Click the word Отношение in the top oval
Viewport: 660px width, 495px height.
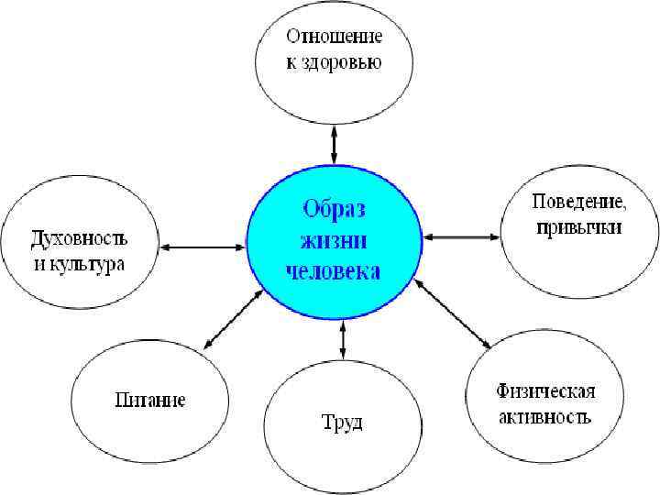335,38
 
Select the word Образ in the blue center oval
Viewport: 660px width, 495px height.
334,210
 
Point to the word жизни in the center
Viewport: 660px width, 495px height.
334,241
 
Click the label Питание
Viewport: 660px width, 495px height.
150,400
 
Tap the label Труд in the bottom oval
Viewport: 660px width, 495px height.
342,423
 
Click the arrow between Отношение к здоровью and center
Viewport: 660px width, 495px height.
335,145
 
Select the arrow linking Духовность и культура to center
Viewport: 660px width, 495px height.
203,247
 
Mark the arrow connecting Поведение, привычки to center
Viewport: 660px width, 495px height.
462,237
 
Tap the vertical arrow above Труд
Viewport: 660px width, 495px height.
343,339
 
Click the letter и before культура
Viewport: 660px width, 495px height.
39,264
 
